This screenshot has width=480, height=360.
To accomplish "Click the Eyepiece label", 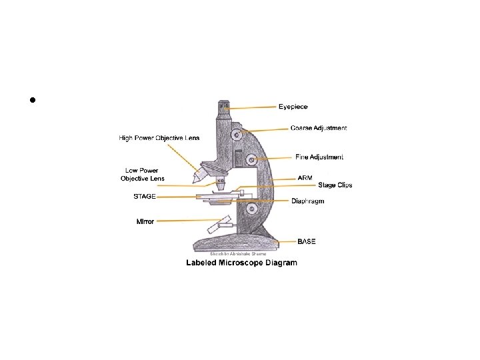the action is pyautogui.click(x=293, y=107).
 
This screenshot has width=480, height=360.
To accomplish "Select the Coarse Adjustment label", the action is pyautogui.click(x=319, y=128).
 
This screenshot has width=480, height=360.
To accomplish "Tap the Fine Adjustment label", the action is pyautogui.click(x=319, y=157).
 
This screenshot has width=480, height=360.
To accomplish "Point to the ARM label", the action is pyautogui.click(x=305, y=178).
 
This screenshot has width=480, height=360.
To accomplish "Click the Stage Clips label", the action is pyautogui.click(x=335, y=185).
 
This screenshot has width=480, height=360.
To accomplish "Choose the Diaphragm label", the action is pyautogui.click(x=308, y=201).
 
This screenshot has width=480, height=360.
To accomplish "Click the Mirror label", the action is pyautogui.click(x=145, y=221).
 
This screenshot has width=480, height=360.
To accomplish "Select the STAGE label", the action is pyautogui.click(x=145, y=197).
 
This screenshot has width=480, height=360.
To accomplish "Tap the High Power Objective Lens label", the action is pyautogui.click(x=159, y=138).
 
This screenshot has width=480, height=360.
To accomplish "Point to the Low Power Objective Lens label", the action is pyautogui.click(x=142, y=174).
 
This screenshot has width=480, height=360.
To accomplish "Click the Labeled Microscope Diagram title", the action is pyautogui.click(x=241, y=263).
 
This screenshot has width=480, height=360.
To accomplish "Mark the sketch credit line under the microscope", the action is pyautogui.click(x=238, y=254).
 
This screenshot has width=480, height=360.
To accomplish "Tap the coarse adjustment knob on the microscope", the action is pyautogui.click(x=237, y=135).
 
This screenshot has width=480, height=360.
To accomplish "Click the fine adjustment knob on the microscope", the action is pyautogui.click(x=251, y=159).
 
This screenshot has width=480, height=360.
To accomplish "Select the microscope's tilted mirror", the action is pyautogui.click(x=218, y=227).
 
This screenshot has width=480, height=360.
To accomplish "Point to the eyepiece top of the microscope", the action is pyautogui.click(x=223, y=105).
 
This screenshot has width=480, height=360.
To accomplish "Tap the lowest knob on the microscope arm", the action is pyautogui.click(x=251, y=209).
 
